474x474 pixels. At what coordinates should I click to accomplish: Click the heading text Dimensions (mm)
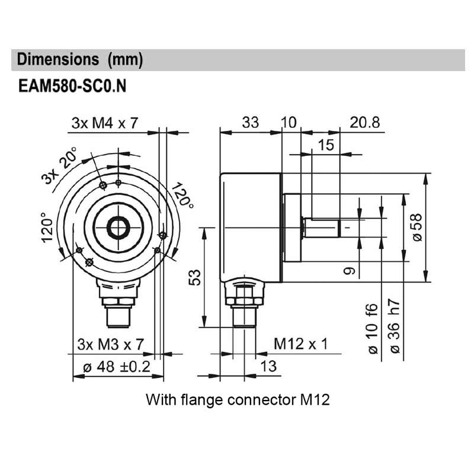pos(80,60)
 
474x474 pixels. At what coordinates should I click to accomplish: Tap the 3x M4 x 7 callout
pos(105,123)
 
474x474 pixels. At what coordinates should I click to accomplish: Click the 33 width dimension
pos(250,123)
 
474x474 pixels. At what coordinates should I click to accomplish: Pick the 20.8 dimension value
pos(365,123)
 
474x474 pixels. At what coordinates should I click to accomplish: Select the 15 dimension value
pos(326,145)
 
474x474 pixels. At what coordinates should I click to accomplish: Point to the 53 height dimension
pos(195,277)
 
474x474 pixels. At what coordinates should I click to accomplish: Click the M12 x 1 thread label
pos(300,344)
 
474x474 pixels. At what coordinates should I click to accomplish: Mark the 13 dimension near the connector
pos(268,366)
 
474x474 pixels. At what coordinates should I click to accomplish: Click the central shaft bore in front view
pos(118,227)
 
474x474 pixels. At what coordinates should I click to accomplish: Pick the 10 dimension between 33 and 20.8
pos(289,123)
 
